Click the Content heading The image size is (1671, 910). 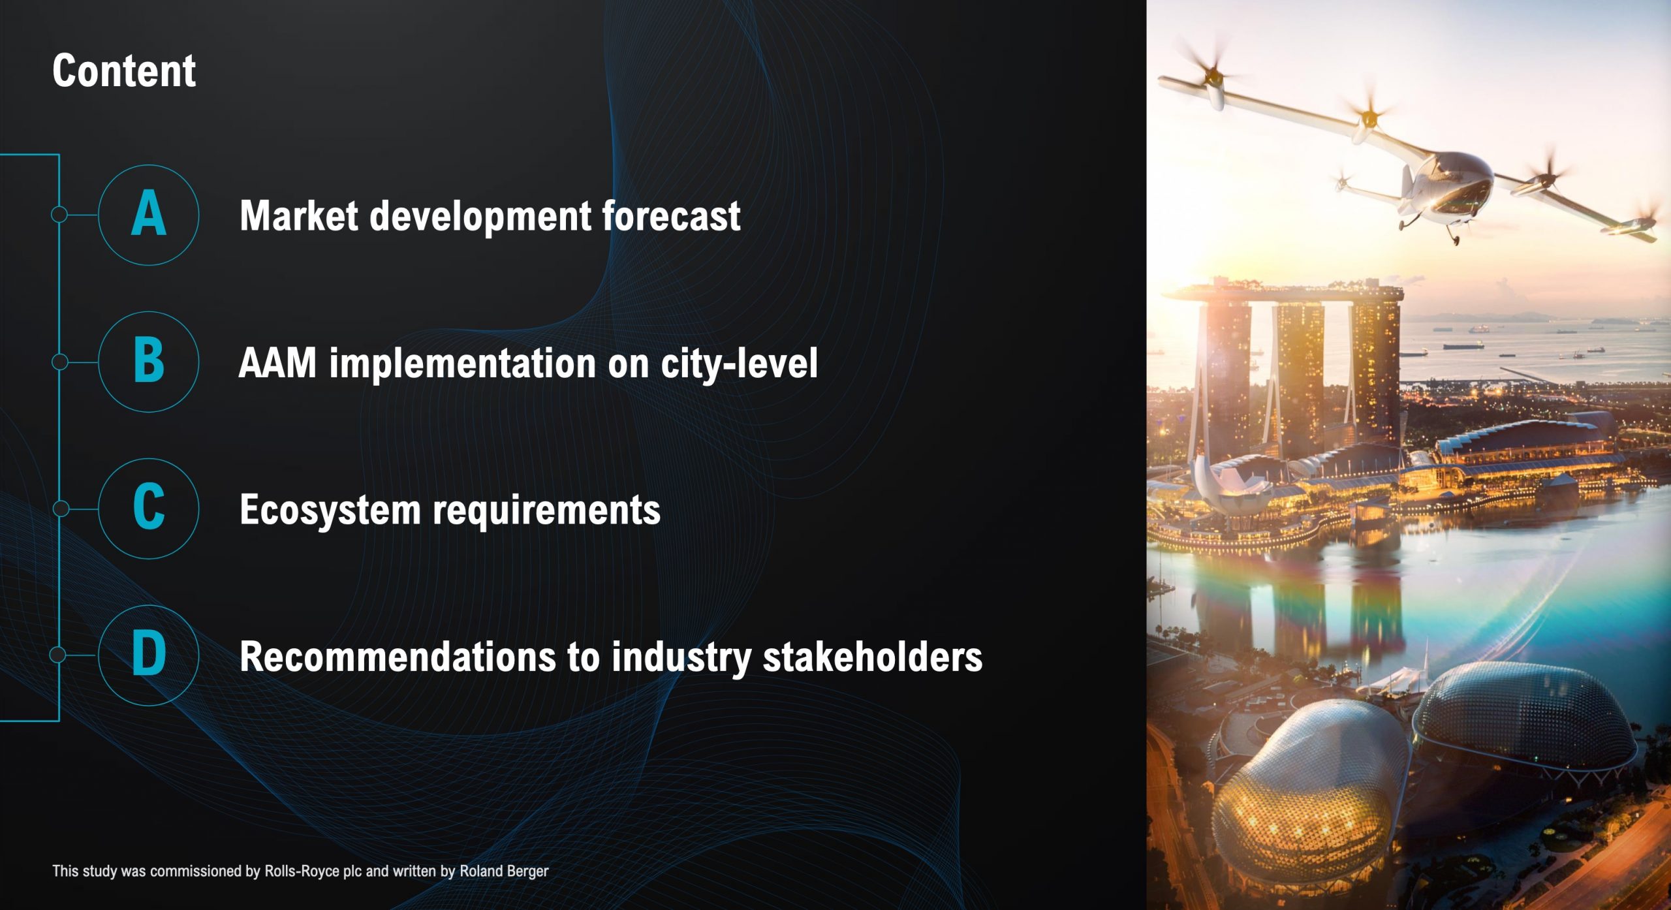(124, 71)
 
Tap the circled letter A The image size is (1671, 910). (149, 214)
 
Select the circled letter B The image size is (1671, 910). (149, 361)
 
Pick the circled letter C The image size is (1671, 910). (149, 508)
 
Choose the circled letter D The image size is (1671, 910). (149, 655)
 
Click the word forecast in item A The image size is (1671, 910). (671, 215)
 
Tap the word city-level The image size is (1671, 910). (739, 362)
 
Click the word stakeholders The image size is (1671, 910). (873, 656)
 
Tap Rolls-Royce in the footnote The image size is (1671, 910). (302, 871)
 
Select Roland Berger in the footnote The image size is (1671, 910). (504, 871)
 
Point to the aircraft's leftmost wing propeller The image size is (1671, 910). (1211, 72)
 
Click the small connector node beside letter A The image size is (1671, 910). (59, 214)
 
